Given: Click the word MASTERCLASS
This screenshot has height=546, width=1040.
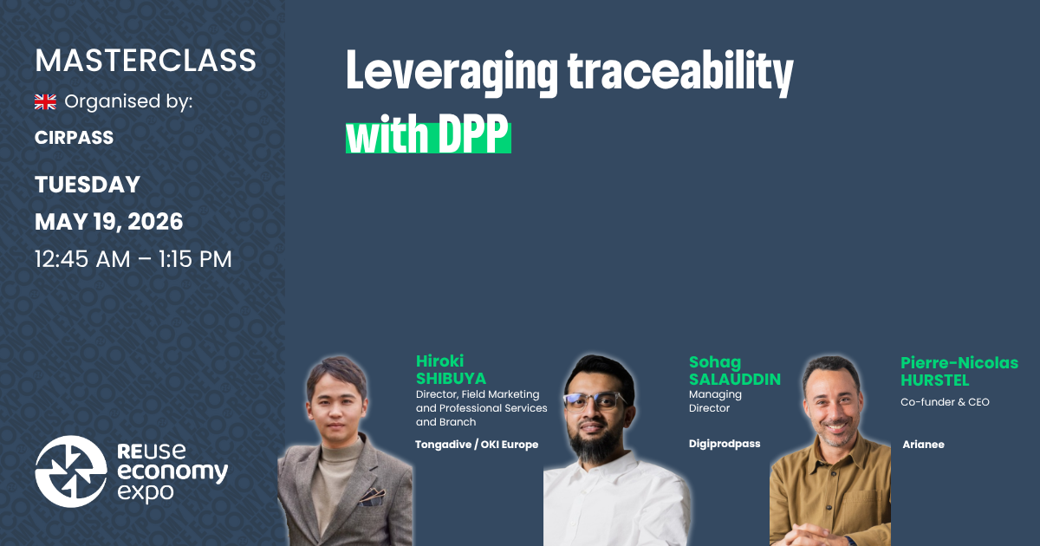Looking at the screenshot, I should click(x=146, y=61).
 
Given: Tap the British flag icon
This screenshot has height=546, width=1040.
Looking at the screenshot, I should click(x=45, y=102).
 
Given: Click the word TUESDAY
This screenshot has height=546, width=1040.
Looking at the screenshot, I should click(x=88, y=185).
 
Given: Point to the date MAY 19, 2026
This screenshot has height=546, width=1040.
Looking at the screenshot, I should click(x=108, y=222).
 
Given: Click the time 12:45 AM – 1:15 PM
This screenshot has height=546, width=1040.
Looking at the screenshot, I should click(x=133, y=258).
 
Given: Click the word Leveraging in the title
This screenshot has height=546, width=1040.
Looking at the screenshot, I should click(x=452, y=73).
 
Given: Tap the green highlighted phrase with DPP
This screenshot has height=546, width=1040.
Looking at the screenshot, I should click(x=428, y=135).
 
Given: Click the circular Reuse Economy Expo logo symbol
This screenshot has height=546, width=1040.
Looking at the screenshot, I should click(x=71, y=471).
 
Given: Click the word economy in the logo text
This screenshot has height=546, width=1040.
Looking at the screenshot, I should click(x=172, y=472).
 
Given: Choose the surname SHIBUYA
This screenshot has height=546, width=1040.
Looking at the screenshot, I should click(x=451, y=379).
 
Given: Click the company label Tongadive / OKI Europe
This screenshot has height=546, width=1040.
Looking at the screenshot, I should click(x=477, y=445).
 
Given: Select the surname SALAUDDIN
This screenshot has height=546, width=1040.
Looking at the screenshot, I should click(x=735, y=379).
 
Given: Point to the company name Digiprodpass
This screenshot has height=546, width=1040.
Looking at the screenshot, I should click(x=725, y=444).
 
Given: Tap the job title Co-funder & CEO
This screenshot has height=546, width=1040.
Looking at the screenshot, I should click(x=946, y=402).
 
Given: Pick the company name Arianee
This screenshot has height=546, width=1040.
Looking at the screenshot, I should click(x=923, y=445).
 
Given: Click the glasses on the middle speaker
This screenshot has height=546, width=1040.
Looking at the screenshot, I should click(x=594, y=401).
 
